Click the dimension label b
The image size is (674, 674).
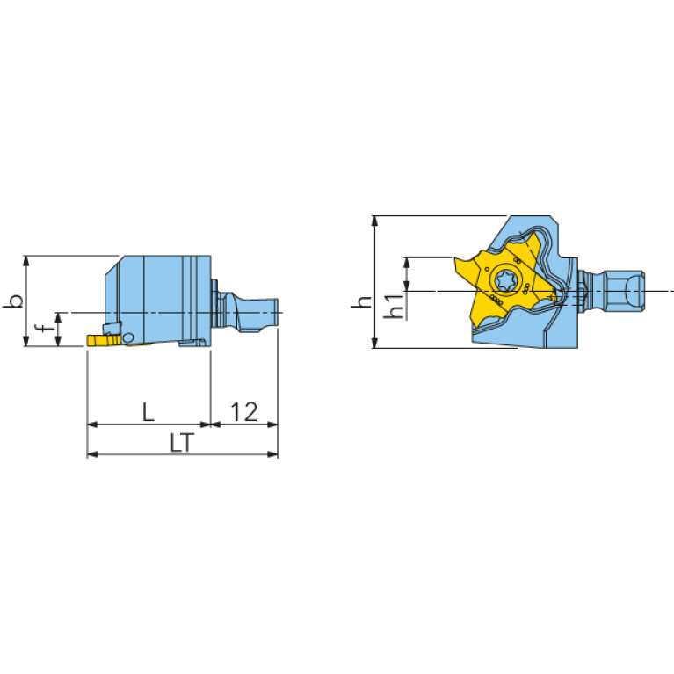(x=13, y=301)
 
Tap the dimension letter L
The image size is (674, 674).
(x=149, y=412)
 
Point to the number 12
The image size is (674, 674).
(x=244, y=412)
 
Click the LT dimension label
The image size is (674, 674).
(x=182, y=443)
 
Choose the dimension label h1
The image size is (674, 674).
(x=395, y=306)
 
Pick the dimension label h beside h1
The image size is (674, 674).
(x=361, y=301)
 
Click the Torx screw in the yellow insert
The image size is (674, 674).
(x=504, y=280)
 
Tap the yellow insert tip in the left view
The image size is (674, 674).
(x=104, y=341)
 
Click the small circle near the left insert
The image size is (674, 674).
(x=127, y=338)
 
